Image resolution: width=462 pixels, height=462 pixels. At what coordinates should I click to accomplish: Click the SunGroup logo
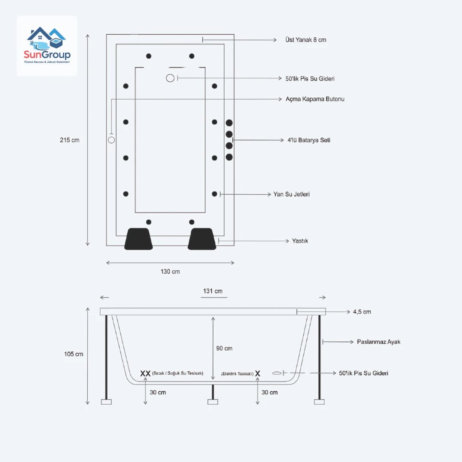coord(47,46)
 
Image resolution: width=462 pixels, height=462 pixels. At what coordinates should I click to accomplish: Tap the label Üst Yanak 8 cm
coord(305,40)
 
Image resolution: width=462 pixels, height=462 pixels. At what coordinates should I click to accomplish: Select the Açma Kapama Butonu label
coord(315,99)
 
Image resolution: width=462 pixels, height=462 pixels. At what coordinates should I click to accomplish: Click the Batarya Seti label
coord(308,140)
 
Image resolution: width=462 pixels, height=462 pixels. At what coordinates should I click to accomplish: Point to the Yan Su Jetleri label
coord(291,194)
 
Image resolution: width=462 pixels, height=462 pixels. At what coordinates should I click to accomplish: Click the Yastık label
coord(300,241)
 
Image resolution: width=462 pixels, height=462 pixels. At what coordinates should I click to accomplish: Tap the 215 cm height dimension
coord(69,140)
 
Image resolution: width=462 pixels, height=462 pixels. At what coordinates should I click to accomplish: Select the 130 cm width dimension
coord(170,272)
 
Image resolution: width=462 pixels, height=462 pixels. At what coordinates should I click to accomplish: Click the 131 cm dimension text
coord(213,291)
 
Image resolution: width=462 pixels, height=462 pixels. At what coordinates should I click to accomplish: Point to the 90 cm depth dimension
coord(224,348)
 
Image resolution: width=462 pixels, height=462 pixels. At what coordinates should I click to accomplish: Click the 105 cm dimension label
coord(74,354)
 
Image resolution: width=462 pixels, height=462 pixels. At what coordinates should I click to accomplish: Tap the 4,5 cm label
coord(362,312)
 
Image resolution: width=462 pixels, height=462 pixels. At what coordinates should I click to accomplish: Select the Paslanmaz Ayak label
coord(379,342)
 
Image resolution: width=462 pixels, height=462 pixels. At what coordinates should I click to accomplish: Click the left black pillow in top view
coord(139,239)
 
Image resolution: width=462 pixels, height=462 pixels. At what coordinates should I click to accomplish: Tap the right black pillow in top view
coord(202,239)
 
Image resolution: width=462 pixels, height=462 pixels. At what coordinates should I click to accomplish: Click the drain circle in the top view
coord(170,78)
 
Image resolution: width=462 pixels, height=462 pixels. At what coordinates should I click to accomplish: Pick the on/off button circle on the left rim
coord(111,140)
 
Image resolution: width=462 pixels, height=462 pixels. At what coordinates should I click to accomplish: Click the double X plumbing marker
coord(145,373)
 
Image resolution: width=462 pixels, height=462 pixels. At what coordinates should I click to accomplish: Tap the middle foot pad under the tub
coord(213,402)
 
